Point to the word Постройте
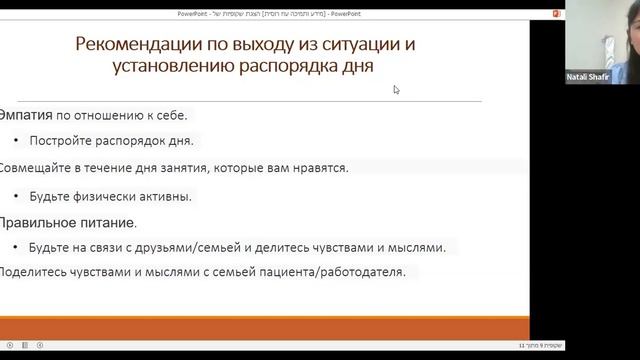click(64, 141)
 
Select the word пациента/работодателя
click(329, 272)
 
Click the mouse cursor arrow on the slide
click(396, 89)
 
